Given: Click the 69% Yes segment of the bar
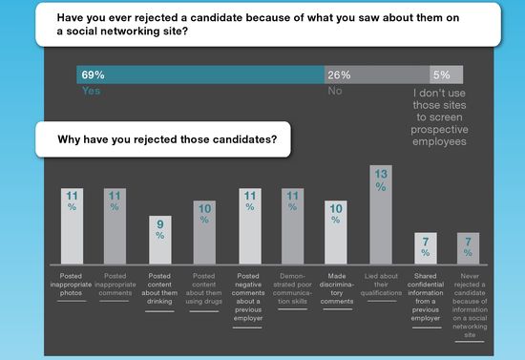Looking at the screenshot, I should (199, 74).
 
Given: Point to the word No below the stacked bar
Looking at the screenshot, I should (335, 93).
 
